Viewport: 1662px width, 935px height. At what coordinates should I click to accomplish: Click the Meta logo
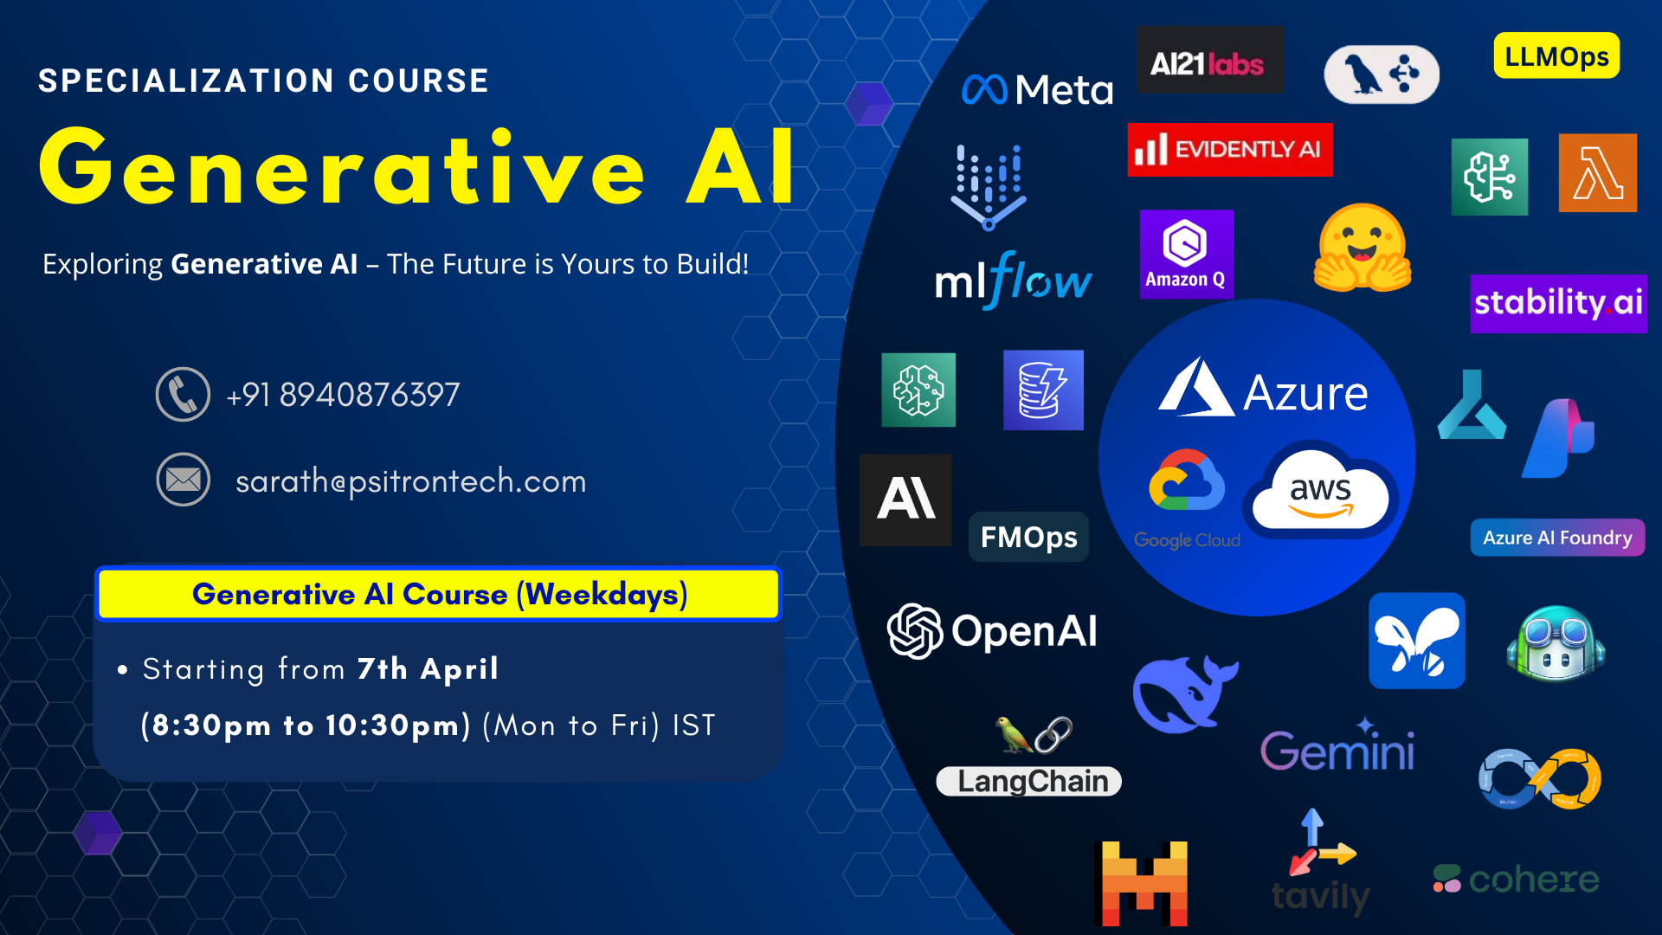[1037, 89]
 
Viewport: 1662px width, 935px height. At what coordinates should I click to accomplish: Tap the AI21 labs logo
[1209, 61]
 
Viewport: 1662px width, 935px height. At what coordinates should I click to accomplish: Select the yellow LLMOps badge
[1556, 56]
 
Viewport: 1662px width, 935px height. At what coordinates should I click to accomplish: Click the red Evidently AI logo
[1229, 150]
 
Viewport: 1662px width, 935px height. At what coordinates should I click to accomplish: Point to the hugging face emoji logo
[1362, 249]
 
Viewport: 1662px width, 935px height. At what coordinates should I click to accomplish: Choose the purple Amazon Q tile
[1186, 254]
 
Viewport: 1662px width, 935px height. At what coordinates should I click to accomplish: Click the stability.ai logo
[1557, 303]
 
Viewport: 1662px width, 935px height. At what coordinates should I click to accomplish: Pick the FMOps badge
[1028, 538]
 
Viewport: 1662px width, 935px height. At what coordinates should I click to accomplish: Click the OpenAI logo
[992, 631]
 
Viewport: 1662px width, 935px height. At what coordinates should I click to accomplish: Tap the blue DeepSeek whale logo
[1183, 693]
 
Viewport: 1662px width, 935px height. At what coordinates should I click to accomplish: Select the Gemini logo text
[1337, 750]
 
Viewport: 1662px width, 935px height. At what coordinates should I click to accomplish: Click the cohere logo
[1516, 880]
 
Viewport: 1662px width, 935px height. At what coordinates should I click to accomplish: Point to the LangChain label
[1030, 781]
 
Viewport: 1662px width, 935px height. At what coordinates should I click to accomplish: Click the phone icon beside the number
[183, 395]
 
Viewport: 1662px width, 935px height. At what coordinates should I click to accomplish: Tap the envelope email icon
[183, 480]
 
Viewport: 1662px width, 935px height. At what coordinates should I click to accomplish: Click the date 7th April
[428, 669]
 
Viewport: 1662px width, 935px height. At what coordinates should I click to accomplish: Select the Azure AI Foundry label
[1556, 538]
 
